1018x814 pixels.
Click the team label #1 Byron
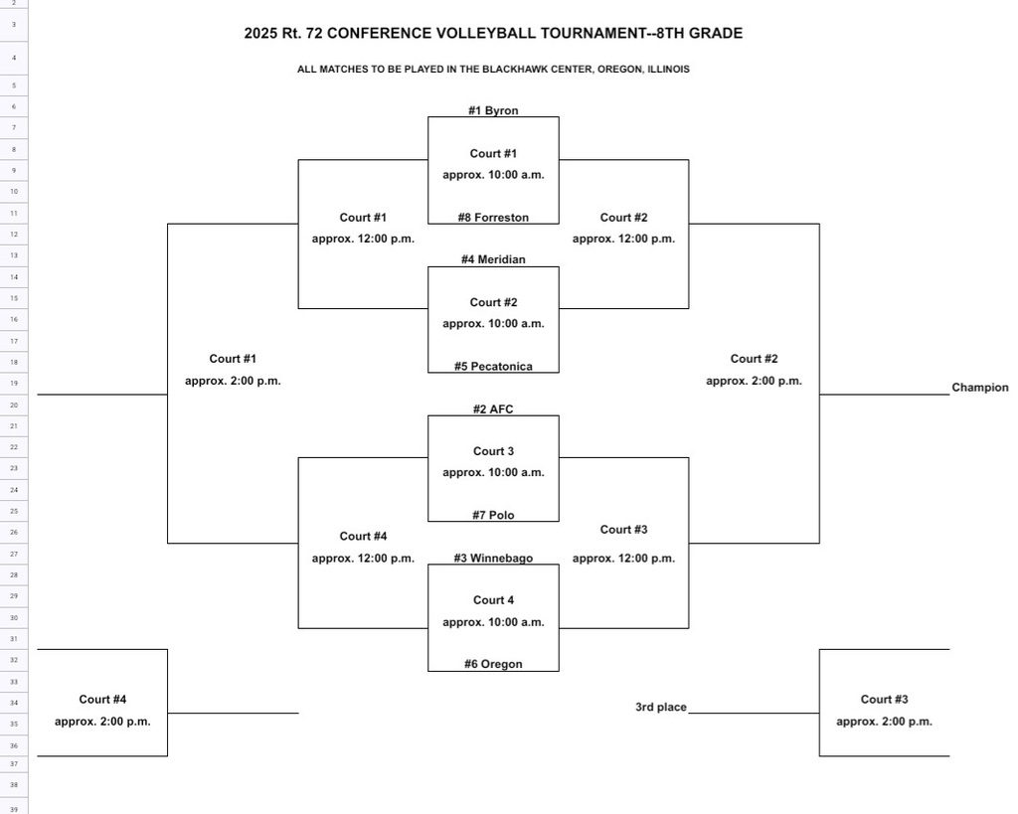pyautogui.click(x=493, y=110)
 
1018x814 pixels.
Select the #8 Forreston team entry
pyautogui.click(x=493, y=217)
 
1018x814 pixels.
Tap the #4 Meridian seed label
pyautogui.click(x=493, y=259)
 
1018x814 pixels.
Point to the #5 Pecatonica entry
pyautogui.click(x=493, y=366)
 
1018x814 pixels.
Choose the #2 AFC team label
pyautogui.click(x=493, y=408)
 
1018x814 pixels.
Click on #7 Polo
pyautogui.click(x=493, y=515)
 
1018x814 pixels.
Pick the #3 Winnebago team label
pyautogui.click(x=493, y=558)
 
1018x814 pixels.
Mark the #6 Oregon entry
pyautogui.click(x=493, y=664)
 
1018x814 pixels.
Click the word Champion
pyautogui.click(x=979, y=388)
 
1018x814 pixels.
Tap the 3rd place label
pyautogui.click(x=660, y=707)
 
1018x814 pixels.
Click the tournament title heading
pyautogui.click(x=493, y=33)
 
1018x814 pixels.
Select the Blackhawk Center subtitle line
pyautogui.click(x=493, y=70)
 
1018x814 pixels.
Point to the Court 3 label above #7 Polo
pyautogui.click(x=493, y=451)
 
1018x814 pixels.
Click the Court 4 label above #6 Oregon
pyautogui.click(x=493, y=600)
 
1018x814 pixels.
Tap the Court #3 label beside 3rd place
pyautogui.click(x=884, y=700)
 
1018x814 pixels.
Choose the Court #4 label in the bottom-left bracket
pyautogui.click(x=102, y=700)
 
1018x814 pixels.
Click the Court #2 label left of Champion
pyautogui.click(x=754, y=359)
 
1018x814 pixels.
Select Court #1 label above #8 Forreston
pyautogui.click(x=493, y=153)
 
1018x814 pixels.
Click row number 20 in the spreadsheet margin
pyautogui.click(x=14, y=405)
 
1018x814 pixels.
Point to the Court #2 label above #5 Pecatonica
pyautogui.click(x=493, y=302)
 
